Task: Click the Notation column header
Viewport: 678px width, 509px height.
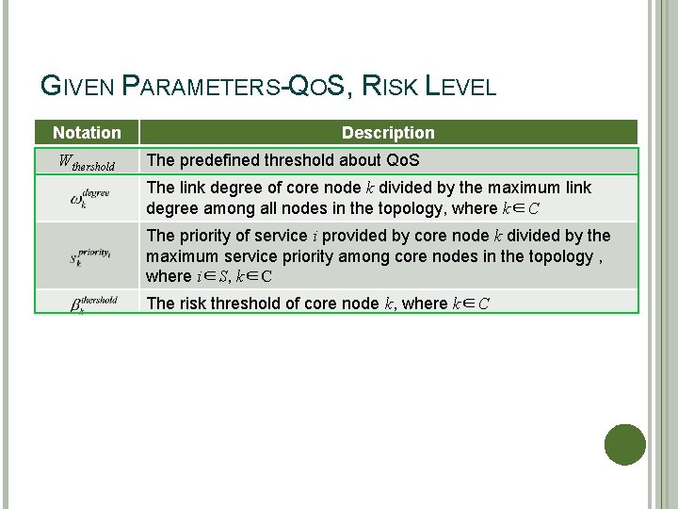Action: click(x=87, y=133)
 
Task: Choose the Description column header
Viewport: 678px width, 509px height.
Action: click(x=388, y=133)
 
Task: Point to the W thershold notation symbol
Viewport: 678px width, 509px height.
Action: click(x=87, y=162)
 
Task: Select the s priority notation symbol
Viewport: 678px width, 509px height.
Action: click(x=90, y=256)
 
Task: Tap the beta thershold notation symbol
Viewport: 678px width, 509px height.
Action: click(x=92, y=303)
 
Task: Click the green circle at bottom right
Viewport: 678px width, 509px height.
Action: click(x=624, y=444)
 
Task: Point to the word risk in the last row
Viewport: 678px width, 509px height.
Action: click(x=192, y=303)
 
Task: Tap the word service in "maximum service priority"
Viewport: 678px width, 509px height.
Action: click(x=248, y=256)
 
